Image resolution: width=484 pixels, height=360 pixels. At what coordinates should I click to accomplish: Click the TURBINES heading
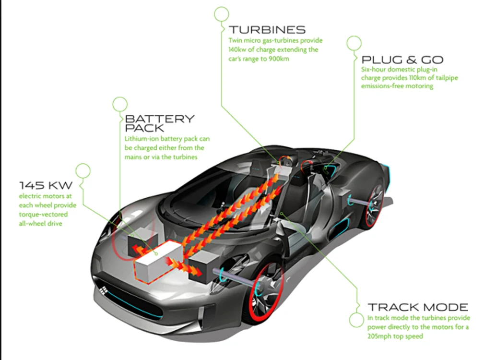(x=267, y=30)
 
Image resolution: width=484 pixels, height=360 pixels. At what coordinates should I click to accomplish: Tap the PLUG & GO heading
(x=402, y=60)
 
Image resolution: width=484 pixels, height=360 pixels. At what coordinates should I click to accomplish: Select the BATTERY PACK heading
(x=160, y=123)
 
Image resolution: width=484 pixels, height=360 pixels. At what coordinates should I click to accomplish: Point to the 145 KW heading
(x=46, y=185)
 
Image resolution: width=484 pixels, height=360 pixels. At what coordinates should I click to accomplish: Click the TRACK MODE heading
(x=418, y=307)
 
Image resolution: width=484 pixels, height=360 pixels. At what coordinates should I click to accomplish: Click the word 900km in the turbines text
(x=279, y=59)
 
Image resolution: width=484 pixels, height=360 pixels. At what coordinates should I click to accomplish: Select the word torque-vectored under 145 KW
(x=43, y=214)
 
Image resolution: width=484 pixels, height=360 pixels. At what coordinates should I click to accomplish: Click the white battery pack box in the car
(x=157, y=261)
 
